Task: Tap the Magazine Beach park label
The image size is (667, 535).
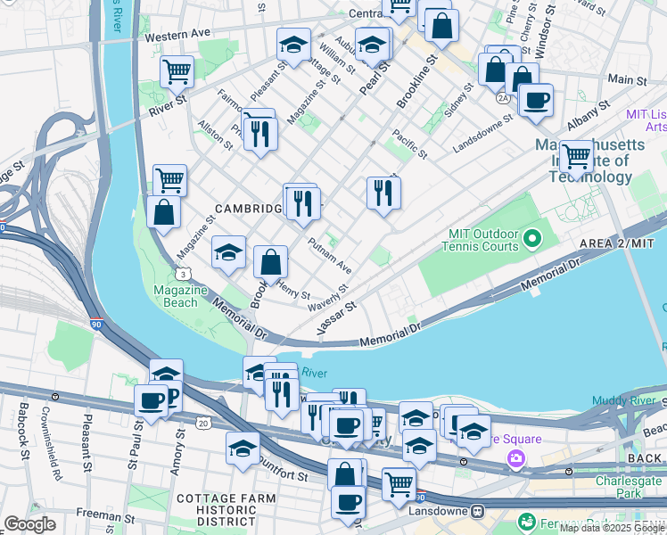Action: (175, 296)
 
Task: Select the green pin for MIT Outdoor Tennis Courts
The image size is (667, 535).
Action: (532, 238)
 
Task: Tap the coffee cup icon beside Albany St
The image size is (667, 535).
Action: (536, 101)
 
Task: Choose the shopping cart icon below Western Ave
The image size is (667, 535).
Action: (177, 71)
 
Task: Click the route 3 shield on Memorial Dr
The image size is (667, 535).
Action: (182, 275)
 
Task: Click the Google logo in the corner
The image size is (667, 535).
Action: (29, 524)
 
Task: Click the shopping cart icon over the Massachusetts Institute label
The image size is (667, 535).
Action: (576, 156)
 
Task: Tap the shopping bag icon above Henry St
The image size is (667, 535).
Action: (270, 262)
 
